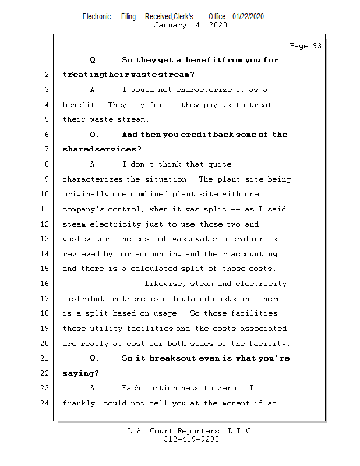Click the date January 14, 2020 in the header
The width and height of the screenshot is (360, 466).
tap(190, 25)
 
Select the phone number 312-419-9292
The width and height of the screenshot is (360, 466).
tap(191, 440)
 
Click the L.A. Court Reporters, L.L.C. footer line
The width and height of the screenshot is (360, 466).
tap(190, 431)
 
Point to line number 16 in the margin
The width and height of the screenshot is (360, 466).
tap(46, 284)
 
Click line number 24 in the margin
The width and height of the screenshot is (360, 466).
tap(46, 403)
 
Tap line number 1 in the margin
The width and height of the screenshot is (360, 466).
tap(46, 60)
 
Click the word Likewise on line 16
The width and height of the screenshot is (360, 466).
tap(164, 284)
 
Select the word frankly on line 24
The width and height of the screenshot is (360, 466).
tap(80, 403)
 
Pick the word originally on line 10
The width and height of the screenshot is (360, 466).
tap(85, 194)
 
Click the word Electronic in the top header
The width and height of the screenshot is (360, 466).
tap(96, 16)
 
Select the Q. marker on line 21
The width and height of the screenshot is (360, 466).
tap(95, 358)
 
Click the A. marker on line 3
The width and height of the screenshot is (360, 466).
tap(95, 90)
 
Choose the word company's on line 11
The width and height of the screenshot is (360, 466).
tap(83, 209)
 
